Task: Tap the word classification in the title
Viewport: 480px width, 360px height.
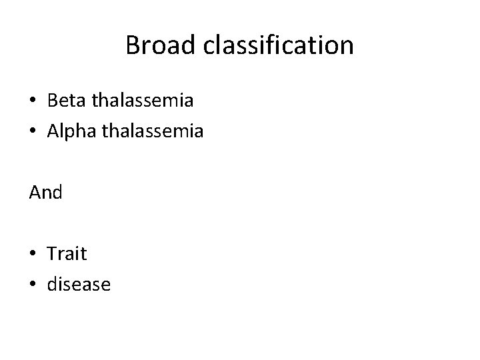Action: point(274,46)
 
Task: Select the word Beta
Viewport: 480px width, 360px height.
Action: point(66,101)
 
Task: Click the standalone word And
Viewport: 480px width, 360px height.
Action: point(45,193)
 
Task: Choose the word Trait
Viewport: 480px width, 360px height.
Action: point(67,253)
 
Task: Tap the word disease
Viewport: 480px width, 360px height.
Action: point(79,285)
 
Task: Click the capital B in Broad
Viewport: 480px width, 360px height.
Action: point(132,46)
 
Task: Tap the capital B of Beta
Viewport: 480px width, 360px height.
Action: point(53,101)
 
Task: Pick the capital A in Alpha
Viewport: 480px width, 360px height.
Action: point(54,132)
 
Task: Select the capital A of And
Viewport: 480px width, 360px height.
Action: point(35,193)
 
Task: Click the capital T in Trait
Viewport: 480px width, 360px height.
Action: point(53,253)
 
